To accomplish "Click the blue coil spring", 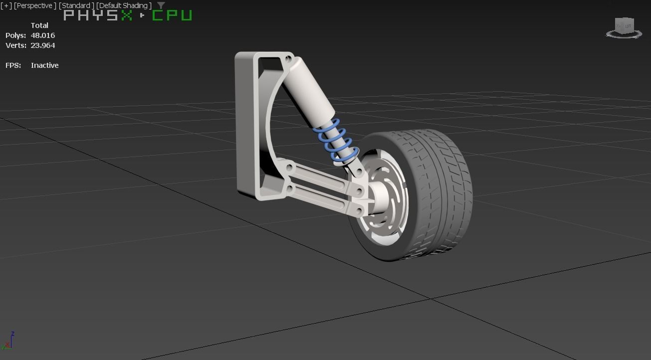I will (x=336, y=142).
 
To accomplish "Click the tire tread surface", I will (x=439, y=189).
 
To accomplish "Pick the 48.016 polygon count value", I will (x=43, y=35).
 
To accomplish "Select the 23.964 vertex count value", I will (x=43, y=45).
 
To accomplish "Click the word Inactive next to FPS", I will (x=44, y=65).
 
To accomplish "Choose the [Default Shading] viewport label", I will (x=124, y=5).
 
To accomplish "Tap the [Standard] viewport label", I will (x=76, y=5).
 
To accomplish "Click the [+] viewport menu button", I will (x=6, y=5).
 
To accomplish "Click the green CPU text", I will (x=172, y=15).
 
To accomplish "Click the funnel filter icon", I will (x=161, y=5).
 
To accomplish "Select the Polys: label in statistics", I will (x=15, y=35).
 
